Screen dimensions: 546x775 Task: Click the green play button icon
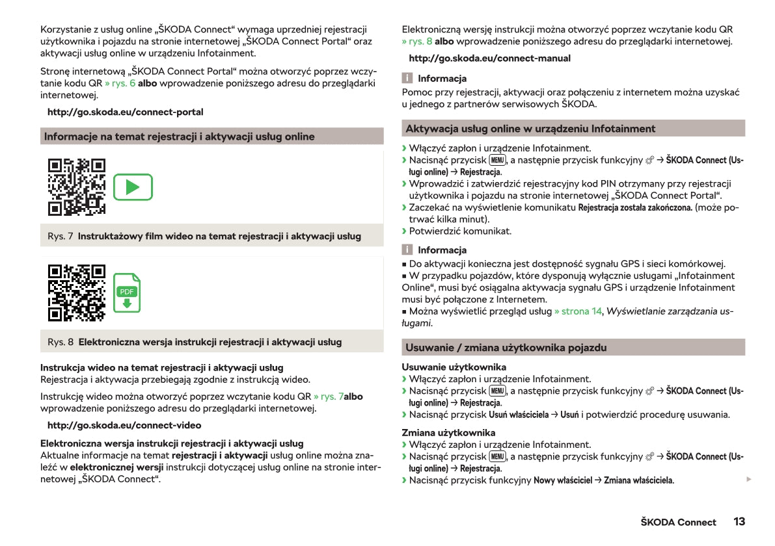[x=133, y=187]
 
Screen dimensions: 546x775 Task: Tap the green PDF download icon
[x=127, y=298]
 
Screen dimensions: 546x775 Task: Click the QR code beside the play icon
[x=77, y=187]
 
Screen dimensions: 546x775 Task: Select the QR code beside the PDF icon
[x=77, y=292]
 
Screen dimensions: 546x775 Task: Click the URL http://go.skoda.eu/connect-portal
[x=125, y=112]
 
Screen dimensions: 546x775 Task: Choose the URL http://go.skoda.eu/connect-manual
[x=489, y=58]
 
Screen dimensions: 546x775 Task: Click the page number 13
[x=739, y=521]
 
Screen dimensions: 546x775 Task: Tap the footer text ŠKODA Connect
[x=678, y=522]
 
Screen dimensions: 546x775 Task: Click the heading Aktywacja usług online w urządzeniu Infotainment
[x=530, y=128]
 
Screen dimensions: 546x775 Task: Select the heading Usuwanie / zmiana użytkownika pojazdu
[x=506, y=347]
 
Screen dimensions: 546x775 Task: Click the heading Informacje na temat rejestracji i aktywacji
[x=179, y=136]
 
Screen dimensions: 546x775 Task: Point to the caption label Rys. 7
[x=60, y=236]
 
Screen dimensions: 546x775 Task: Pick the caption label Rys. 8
[x=60, y=341]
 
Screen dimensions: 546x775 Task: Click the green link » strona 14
[x=578, y=311]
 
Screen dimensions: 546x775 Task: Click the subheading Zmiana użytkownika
[x=448, y=432]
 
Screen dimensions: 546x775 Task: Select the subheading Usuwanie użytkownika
[x=454, y=367]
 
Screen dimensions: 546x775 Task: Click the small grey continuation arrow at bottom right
[x=748, y=479]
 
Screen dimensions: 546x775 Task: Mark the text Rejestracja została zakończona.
[x=635, y=207]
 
